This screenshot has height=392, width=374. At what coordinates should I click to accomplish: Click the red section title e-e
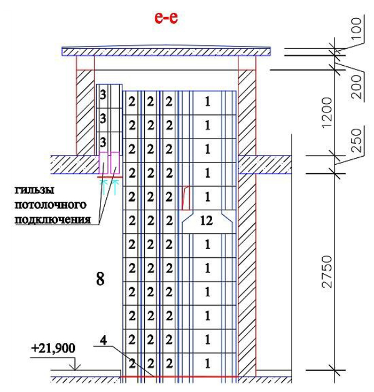166,18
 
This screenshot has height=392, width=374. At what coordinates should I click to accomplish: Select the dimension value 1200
327,113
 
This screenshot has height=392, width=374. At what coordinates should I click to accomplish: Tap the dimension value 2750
327,271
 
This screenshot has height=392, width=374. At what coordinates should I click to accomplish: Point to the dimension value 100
357,28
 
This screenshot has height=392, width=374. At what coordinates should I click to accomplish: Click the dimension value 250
357,140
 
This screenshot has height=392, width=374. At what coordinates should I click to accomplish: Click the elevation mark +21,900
53,349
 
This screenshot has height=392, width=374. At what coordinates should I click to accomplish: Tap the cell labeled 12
206,221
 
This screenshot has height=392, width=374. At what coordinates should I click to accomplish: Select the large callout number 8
100,279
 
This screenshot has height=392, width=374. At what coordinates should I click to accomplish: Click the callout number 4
103,341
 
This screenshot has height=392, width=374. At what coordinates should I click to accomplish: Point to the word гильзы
35,190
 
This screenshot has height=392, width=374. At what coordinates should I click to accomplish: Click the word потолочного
51,205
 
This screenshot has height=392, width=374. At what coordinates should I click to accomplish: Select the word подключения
53,219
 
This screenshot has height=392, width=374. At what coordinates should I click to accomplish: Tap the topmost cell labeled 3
103,95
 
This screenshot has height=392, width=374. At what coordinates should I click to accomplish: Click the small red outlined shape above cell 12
185,198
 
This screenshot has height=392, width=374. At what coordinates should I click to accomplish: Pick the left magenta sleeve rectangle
104,163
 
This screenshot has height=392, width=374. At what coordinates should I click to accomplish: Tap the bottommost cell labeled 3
103,142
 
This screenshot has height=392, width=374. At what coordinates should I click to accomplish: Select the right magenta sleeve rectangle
115,163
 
